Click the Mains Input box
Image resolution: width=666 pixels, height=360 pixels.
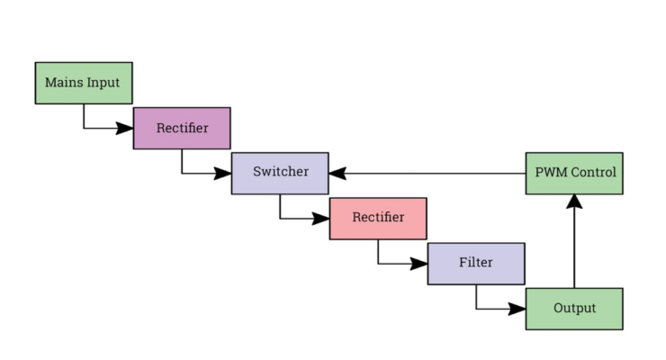tap(84, 83)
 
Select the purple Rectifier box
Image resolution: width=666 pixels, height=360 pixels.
tap(182, 128)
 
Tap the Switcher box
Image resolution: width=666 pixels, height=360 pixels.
tap(280, 173)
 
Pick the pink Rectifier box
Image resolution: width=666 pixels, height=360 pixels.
tap(378, 218)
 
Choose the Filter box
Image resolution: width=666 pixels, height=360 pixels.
tap(476, 263)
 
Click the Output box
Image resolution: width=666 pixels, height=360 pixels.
tap(574, 309)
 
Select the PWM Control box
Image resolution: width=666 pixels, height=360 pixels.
tap(574, 173)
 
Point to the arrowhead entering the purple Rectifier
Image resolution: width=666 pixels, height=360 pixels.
tap(126, 128)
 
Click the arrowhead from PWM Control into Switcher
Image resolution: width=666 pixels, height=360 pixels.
tap(337, 173)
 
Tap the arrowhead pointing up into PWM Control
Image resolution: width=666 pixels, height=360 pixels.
tap(574, 202)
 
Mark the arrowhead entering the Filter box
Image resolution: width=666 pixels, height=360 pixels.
tap(419, 264)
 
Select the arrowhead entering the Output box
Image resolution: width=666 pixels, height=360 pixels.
tap(517, 309)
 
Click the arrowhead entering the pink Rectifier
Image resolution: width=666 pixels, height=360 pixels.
tap(322, 219)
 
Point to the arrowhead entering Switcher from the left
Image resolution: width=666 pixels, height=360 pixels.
tap(224, 173)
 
